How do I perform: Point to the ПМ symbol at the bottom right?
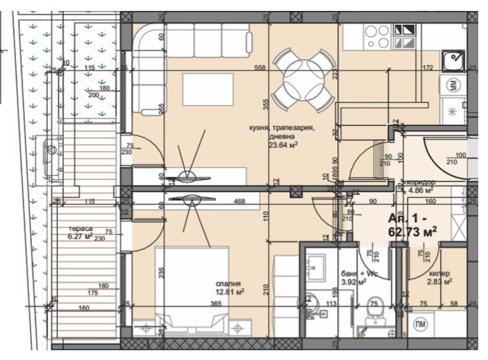click(420, 323)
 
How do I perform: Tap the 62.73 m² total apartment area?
click(412, 232)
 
